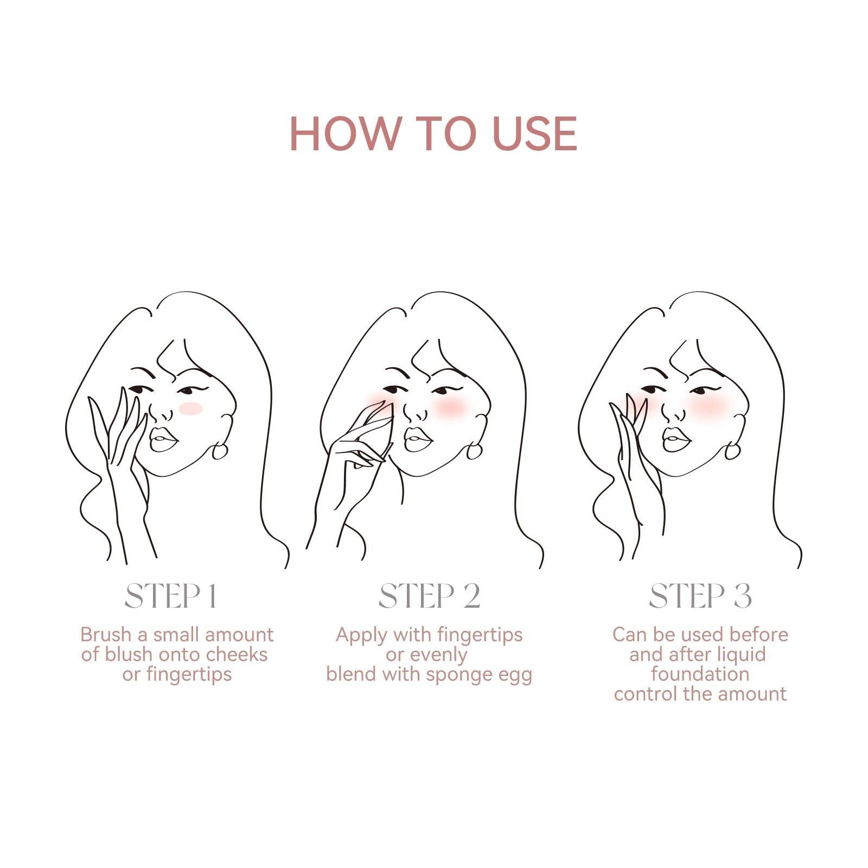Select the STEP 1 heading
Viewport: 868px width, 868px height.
[171, 596]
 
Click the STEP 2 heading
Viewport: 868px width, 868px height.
[429, 596]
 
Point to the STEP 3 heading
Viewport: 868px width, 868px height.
[700, 596]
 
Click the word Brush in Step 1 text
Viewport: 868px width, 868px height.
[106, 634]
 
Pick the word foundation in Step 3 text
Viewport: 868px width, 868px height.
[700, 674]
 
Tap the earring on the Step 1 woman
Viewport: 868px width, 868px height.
[220, 450]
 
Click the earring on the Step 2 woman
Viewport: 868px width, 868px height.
[474, 450]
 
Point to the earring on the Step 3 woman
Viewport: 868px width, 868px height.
[732, 450]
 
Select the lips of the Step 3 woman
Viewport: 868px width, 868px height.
[676, 439]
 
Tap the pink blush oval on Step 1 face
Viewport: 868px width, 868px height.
[190, 409]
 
